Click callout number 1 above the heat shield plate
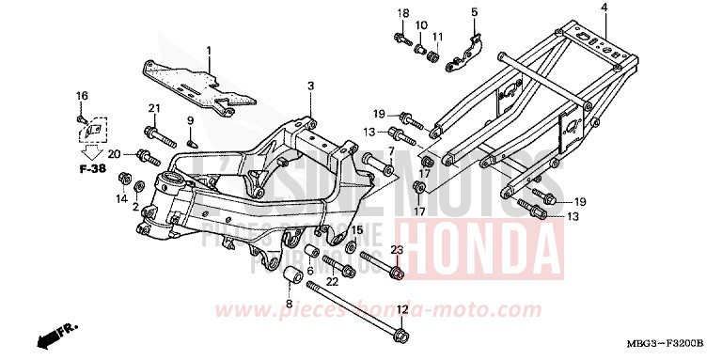(209, 50)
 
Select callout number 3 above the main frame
(309, 86)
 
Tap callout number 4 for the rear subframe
(604, 8)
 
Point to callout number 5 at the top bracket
(474, 11)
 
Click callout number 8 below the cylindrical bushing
(289, 304)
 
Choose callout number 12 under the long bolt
(401, 309)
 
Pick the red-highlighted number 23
(397, 250)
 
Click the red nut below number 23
(398, 274)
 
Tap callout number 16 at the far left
(81, 96)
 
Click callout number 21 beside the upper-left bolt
(154, 107)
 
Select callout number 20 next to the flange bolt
(114, 154)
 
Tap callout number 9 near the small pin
(189, 120)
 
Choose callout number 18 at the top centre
(402, 12)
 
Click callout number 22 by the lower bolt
(332, 281)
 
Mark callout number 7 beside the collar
(390, 151)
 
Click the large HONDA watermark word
(488, 238)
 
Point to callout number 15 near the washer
(357, 230)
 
